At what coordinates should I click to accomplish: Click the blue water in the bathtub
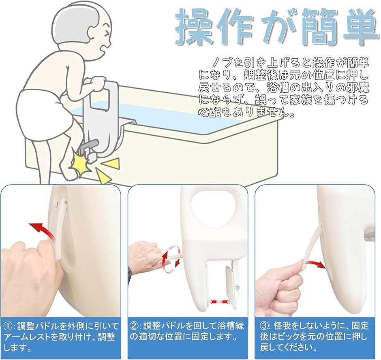pos(170,117)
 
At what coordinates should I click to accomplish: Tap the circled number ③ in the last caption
pos(264,326)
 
